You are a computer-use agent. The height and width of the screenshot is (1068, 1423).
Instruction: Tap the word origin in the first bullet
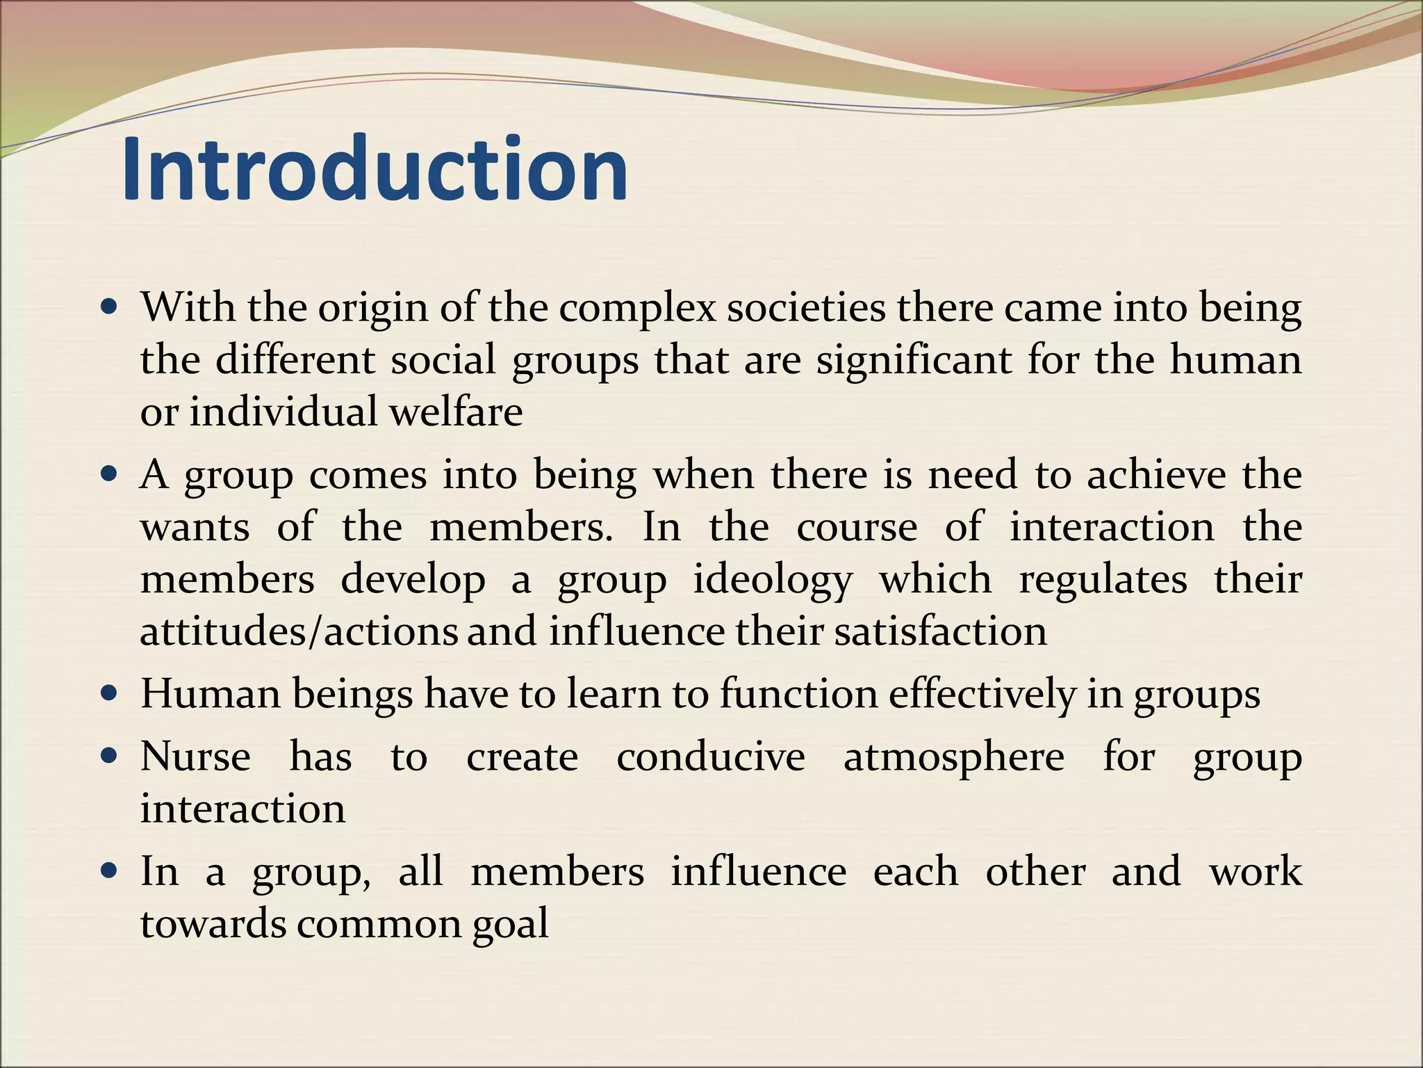(373, 308)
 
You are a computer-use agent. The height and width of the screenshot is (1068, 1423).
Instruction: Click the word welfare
(456, 412)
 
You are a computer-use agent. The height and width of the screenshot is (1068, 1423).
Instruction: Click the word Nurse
(195, 756)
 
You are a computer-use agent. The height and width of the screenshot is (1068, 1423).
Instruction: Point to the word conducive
(711, 756)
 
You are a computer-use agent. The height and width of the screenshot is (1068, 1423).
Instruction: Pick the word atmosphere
(953, 756)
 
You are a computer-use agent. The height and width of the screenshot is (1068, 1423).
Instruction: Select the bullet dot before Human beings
(110, 693)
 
